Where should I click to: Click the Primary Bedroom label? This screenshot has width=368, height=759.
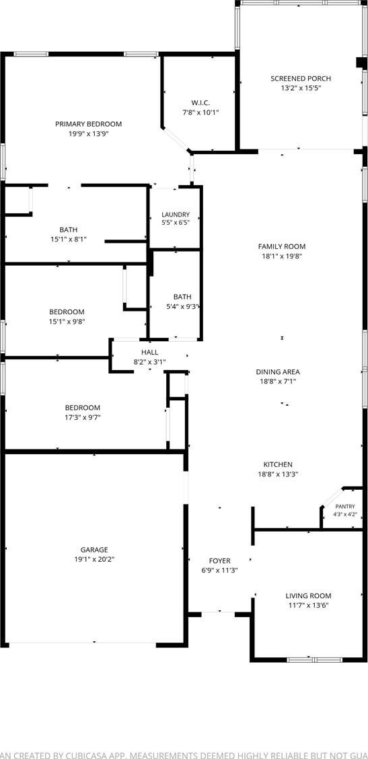(88, 124)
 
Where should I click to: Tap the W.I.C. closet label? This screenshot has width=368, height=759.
(200, 103)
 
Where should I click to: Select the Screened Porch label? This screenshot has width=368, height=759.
(301, 79)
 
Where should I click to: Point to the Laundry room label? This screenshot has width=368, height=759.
(176, 215)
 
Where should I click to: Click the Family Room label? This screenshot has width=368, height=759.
(282, 246)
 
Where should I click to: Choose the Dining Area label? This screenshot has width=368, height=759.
(278, 371)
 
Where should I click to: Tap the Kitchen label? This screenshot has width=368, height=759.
(277, 465)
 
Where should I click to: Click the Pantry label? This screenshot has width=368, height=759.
(345, 506)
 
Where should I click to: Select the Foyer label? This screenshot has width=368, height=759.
(219, 561)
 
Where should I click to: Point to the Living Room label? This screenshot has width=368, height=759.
(308, 596)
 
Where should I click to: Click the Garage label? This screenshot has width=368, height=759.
(94, 550)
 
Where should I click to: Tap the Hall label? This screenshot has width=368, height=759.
(149, 352)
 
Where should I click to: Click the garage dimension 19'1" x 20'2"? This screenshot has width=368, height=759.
(94, 559)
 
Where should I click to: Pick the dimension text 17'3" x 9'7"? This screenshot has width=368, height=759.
(82, 417)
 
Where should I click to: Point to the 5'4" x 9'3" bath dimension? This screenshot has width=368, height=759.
(182, 306)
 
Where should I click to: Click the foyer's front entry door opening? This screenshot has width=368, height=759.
(218, 614)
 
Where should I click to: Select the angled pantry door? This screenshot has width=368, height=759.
(332, 497)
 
